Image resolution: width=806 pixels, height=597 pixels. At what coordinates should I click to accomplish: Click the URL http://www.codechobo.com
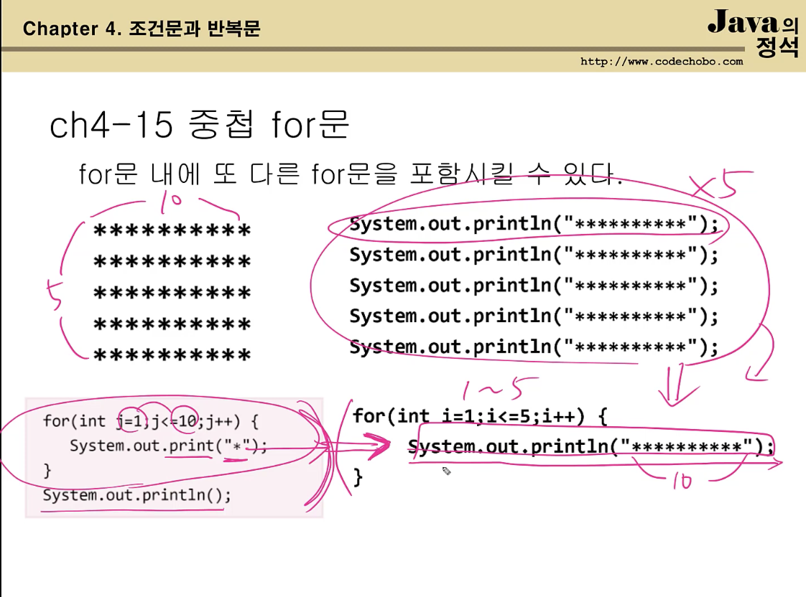(662, 62)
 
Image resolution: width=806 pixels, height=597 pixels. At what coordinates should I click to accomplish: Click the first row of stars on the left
(172, 231)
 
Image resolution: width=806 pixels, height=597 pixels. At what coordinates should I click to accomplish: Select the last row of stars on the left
(172, 355)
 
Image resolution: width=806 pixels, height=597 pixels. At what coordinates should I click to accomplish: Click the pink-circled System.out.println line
(533, 225)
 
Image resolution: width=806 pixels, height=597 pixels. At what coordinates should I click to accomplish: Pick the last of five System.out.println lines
(533, 348)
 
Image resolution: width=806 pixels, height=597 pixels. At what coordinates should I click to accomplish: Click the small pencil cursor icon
(446, 471)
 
